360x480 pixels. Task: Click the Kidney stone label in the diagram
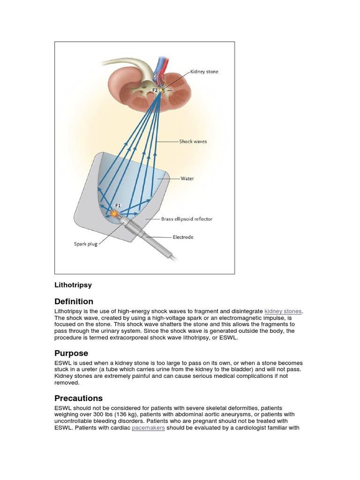click(x=204, y=72)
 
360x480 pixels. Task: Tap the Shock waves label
click(x=193, y=141)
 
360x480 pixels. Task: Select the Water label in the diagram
click(x=187, y=178)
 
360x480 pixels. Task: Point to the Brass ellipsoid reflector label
click(x=187, y=219)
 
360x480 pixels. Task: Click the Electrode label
click(x=183, y=237)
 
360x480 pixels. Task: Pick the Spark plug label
click(x=86, y=244)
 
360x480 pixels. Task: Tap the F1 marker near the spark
click(x=118, y=205)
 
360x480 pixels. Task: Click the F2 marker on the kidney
click(x=155, y=89)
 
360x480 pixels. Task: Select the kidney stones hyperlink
click(x=283, y=311)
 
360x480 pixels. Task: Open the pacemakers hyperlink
click(x=148, y=428)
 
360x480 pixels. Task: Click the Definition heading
click(x=74, y=301)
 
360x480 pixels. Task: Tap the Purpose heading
click(x=71, y=353)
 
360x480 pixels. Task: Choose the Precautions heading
click(x=78, y=398)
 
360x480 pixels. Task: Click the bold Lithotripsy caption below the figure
click(x=73, y=285)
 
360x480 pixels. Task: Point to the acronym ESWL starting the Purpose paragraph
click(x=63, y=363)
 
